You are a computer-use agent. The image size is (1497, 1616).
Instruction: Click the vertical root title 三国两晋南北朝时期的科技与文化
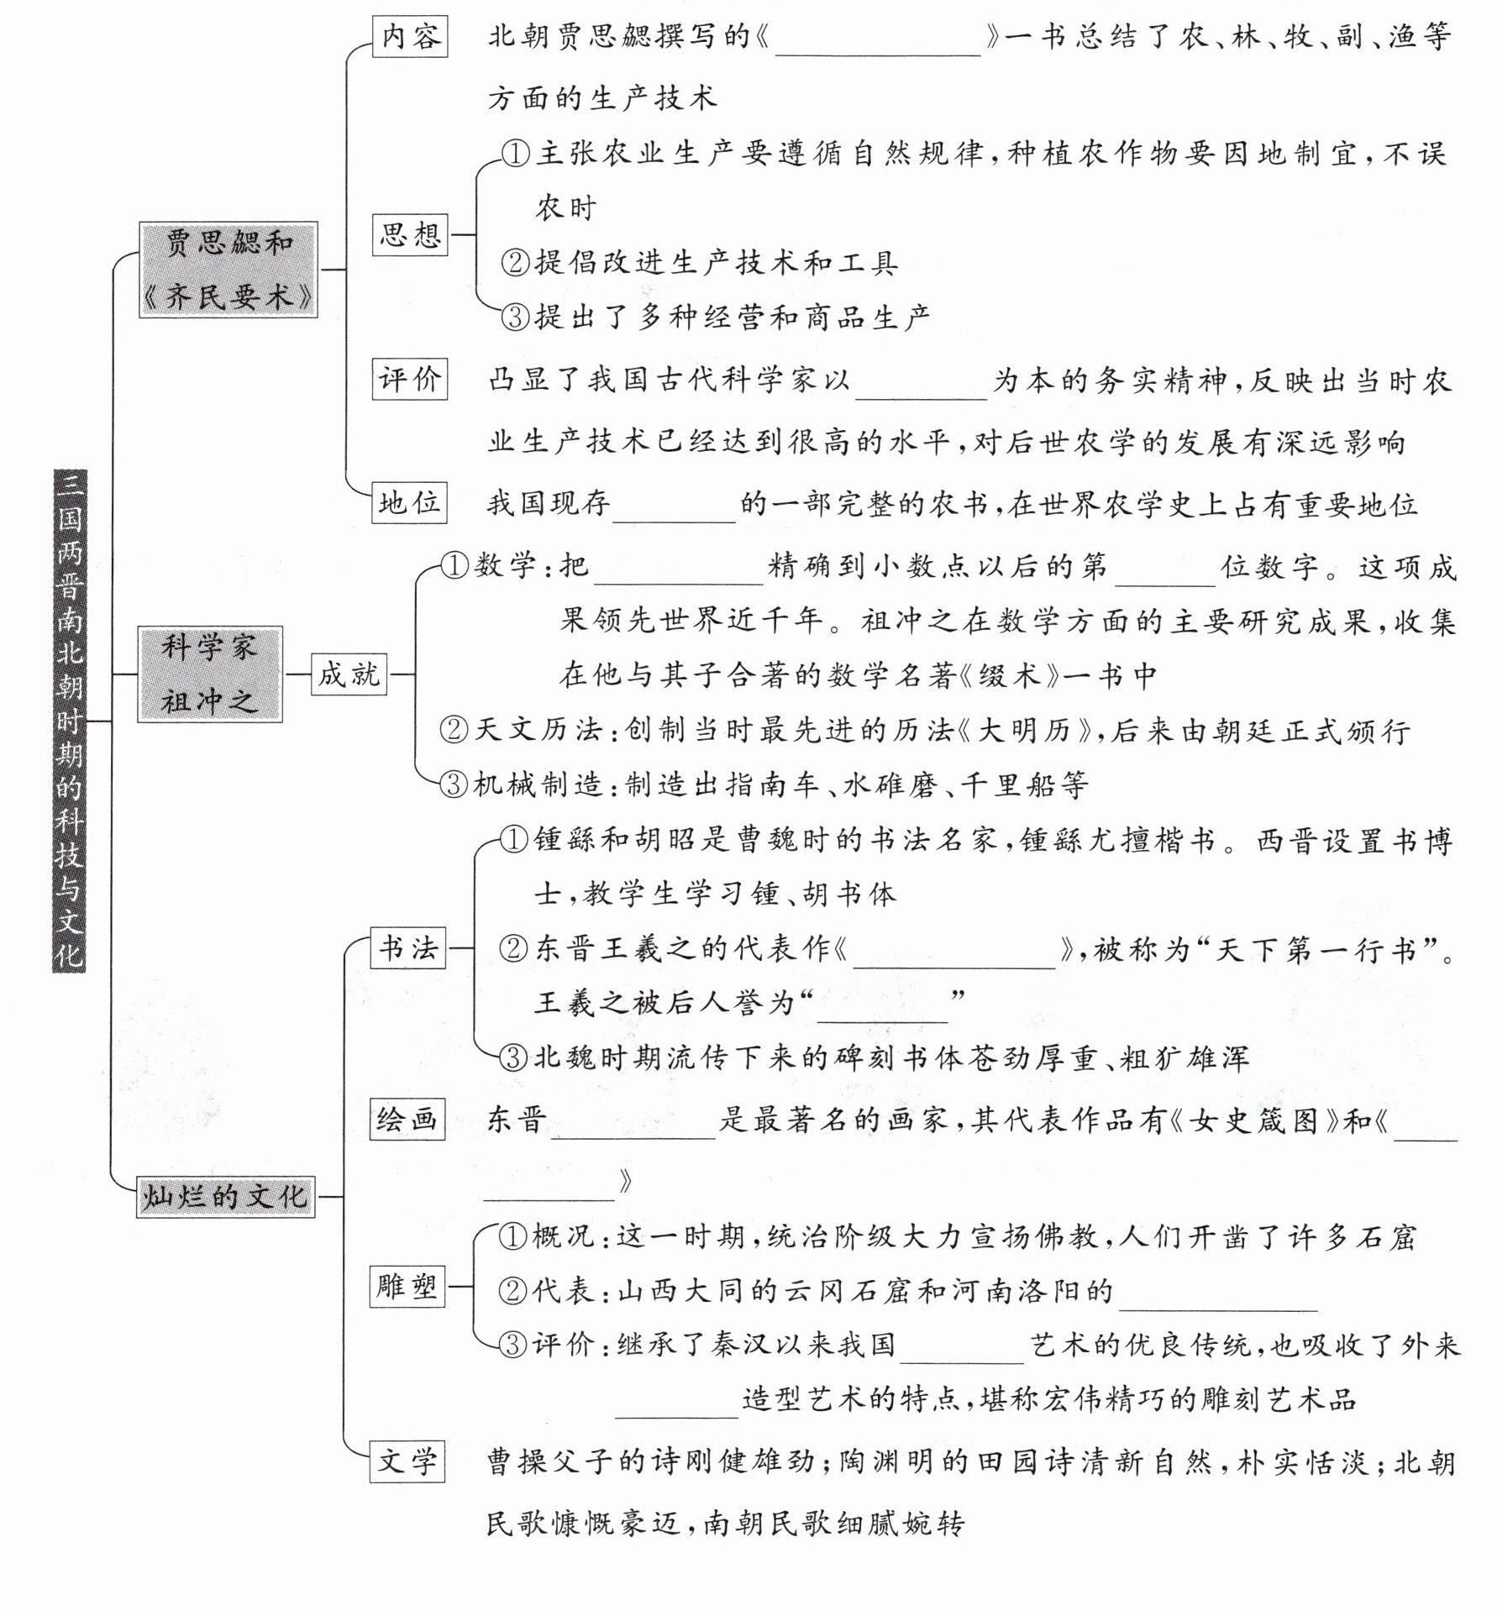click(69, 720)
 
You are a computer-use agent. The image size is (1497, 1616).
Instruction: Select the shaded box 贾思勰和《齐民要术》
click(228, 270)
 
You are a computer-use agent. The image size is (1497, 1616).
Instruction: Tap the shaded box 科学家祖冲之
click(209, 674)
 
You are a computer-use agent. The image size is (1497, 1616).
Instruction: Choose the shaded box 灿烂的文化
click(225, 1196)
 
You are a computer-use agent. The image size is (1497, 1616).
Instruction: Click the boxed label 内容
click(410, 37)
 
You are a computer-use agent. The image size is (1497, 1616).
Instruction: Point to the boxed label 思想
click(410, 234)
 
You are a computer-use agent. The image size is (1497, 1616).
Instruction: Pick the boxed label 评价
click(410, 379)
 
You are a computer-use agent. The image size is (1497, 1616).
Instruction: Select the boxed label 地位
click(410, 503)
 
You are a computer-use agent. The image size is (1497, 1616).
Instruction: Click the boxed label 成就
click(349, 674)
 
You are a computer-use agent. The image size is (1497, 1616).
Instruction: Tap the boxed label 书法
click(408, 948)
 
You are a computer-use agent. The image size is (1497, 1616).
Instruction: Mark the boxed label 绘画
click(407, 1120)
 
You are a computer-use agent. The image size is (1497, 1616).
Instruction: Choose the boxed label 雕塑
click(407, 1286)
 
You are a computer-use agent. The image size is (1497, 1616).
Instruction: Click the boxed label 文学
click(407, 1461)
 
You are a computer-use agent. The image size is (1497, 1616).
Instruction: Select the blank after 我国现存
click(674, 506)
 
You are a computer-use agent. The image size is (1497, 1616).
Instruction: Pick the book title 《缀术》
click(1006, 676)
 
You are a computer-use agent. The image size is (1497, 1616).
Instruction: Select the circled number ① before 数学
click(454, 566)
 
